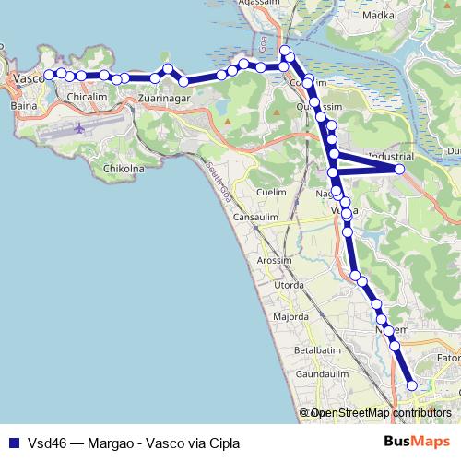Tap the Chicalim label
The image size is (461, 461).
[x=88, y=95]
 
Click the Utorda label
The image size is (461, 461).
[x=289, y=286]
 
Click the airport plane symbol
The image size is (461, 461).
[x=79, y=129]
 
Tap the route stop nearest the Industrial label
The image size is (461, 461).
[x=399, y=170]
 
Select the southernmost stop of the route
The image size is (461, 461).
[x=411, y=385]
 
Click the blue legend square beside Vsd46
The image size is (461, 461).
[x=13, y=443]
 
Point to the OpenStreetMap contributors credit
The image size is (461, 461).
[x=378, y=413]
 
